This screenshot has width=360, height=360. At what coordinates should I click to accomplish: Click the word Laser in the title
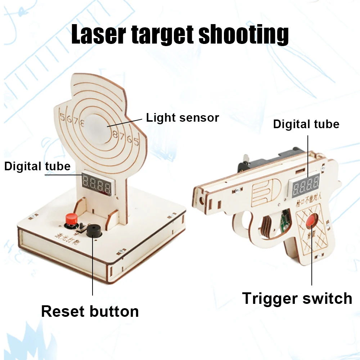coord(98,35)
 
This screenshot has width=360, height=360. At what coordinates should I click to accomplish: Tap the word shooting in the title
coord(244,35)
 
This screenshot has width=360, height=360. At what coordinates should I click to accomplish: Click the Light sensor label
coord(183,117)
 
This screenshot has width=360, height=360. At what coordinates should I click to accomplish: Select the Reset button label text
coord(90,311)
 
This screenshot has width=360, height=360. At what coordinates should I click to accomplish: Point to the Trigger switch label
coord(297,298)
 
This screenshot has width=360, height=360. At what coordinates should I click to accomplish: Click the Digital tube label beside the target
coord(37,166)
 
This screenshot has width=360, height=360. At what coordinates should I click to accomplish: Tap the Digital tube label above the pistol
coord(306,124)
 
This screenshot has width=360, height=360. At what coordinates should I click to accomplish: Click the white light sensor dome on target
coord(101,126)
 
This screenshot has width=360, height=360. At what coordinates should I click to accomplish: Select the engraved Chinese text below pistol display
coord(306,202)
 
